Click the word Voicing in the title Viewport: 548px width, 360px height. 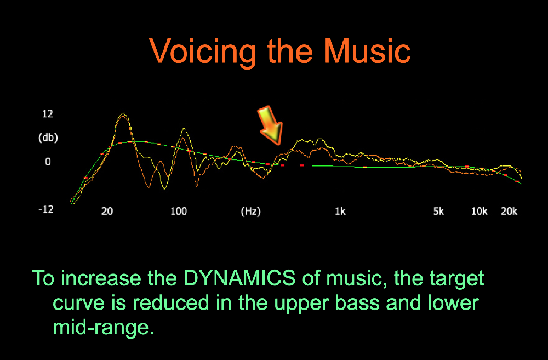pyautogui.click(x=203, y=52)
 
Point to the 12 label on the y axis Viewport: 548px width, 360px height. pyautogui.click(x=48, y=113)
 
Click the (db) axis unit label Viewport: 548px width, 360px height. pyautogui.click(x=48, y=138)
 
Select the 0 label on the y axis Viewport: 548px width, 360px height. pyautogui.click(x=48, y=162)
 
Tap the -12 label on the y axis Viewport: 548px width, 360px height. pyautogui.click(x=46, y=209)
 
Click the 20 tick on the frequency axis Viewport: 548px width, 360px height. pyautogui.click(x=107, y=211)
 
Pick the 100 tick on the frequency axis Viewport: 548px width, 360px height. pyautogui.click(x=179, y=211)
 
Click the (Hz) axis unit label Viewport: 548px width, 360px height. pyautogui.click(x=250, y=212)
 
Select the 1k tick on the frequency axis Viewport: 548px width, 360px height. pyautogui.click(x=340, y=211)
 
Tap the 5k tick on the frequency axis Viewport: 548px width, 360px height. pyautogui.click(x=438, y=211)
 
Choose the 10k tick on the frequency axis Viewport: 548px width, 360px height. pyautogui.click(x=479, y=211)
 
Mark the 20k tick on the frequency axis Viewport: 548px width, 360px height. pyautogui.click(x=509, y=211)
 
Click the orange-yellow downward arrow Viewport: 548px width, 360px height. pyautogui.click(x=270, y=125)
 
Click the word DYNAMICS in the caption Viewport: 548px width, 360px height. pyautogui.click(x=239, y=278)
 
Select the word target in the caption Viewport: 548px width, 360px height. pyautogui.click(x=456, y=279)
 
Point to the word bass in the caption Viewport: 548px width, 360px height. pyautogui.click(x=357, y=302)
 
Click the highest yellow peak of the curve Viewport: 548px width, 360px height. pyautogui.click(x=123, y=113)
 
